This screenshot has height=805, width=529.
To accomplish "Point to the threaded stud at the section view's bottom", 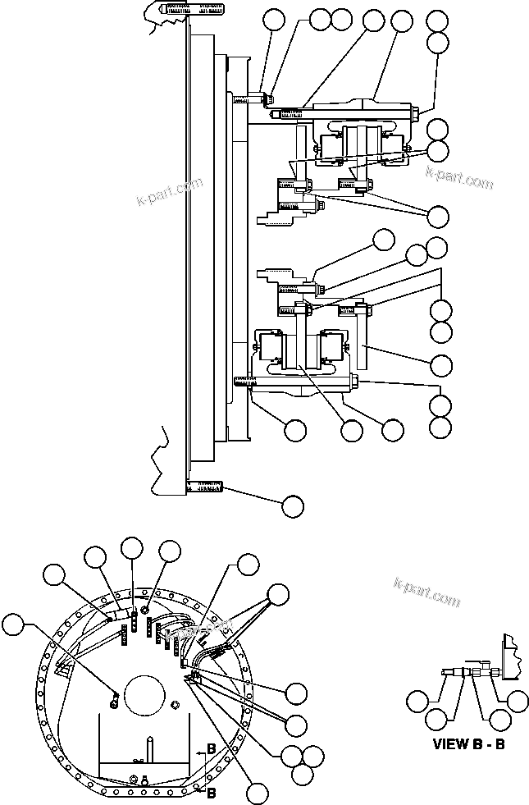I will tap(205, 489).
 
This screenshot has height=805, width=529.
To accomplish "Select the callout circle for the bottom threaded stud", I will tap(293, 506).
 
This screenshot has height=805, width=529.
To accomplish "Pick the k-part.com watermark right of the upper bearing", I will tap(459, 178).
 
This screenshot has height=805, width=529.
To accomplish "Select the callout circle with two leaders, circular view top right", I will tap(279, 593).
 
